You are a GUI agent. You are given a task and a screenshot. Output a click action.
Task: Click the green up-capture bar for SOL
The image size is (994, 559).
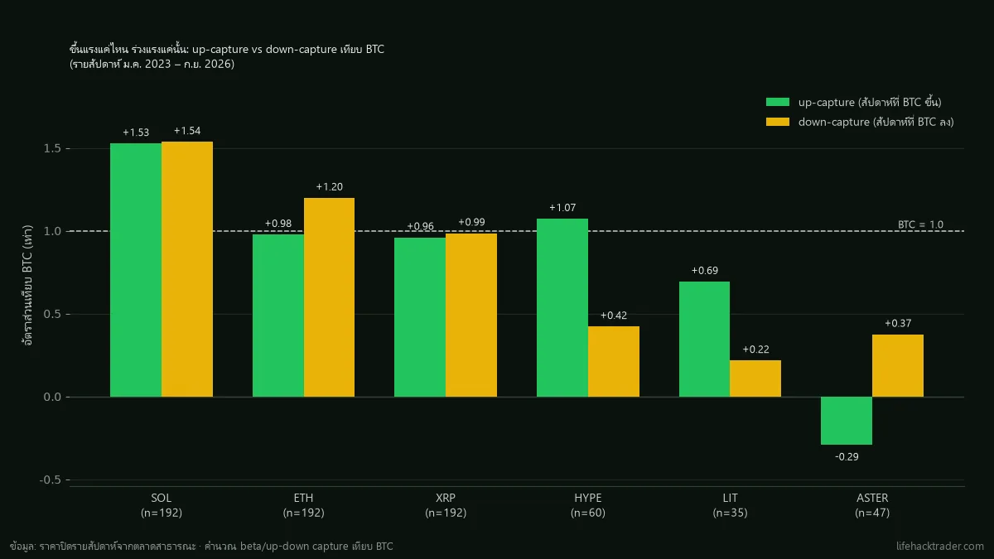[136, 270]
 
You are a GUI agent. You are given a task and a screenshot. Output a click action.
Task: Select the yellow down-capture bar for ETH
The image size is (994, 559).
[330, 297]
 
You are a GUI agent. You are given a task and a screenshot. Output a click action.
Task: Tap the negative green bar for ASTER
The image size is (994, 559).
[847, 421]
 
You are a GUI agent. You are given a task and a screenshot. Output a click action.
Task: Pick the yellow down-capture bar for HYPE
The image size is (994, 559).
[614, 362]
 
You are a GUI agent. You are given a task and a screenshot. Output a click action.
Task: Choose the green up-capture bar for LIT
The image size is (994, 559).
[704, 339]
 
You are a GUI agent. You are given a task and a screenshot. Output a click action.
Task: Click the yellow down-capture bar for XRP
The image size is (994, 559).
[471, 315]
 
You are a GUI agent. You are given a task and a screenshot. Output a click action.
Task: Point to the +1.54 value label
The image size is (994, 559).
[187, 131]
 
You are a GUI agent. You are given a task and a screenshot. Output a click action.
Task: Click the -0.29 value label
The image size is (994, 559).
[847, 456]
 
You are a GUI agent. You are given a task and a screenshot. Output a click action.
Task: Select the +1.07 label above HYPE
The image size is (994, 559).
[562, 208]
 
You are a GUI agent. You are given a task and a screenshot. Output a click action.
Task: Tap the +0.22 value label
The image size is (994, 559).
[755, 349]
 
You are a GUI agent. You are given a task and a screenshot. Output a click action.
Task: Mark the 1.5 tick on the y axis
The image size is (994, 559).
[52, 148]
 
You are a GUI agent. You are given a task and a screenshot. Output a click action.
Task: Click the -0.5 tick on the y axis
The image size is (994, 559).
[50, 480]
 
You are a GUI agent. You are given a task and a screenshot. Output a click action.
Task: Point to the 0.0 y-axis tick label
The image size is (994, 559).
[52, 397]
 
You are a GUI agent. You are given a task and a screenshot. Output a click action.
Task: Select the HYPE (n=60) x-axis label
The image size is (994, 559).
[588, 505]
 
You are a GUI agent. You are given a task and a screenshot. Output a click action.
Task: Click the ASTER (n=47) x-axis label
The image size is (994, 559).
[872, 505]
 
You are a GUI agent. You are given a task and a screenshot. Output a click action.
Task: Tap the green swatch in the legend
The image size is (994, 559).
[778, 102]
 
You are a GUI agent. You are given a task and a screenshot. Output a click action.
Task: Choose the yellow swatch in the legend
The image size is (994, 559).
[778, 122]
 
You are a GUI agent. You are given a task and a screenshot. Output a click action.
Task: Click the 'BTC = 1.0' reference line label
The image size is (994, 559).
[920, 224]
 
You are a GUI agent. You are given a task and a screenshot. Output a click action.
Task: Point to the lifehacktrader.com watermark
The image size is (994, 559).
[939, 546]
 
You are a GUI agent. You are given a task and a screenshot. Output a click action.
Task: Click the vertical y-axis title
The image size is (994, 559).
[27, 285]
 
